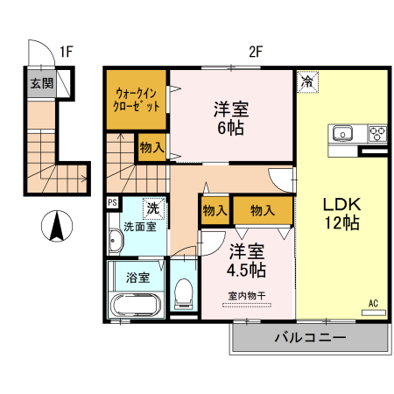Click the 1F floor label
[x=66, y=51]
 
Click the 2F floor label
[x=255, y=51]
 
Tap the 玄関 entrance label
[x=42, y=84]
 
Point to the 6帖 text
[x=231, y=128]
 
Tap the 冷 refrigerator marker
[x=307, y=81]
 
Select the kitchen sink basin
[x=341, y=134]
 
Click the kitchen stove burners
[x=377, y=134]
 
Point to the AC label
[x=373, y=304]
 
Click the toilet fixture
[x=183, y=292]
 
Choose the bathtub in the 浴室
[x=136, y=306]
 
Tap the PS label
[x=112, y=201]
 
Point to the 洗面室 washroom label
[x=138, y=227]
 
